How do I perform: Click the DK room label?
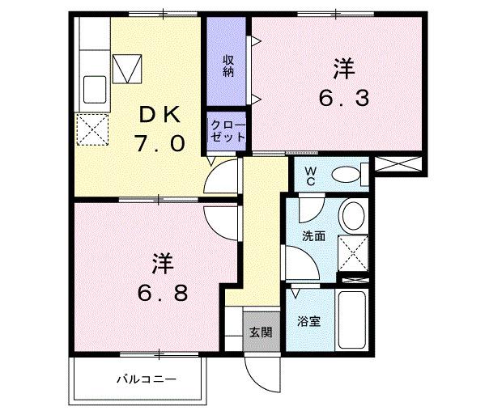point(163,116)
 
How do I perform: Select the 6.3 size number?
point(343,99)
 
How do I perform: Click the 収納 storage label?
point(228,66)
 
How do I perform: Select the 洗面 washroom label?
point(313,237)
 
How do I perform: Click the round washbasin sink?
point(353,217)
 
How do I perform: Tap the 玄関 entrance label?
point(260,332)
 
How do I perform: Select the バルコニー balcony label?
point(146,379)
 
